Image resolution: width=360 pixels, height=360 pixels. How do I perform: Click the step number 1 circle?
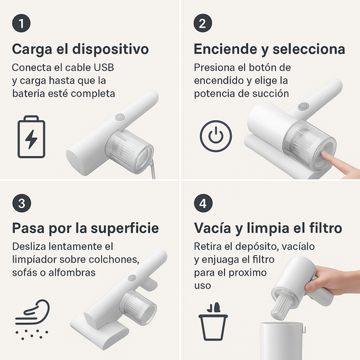click(x=21, y=23)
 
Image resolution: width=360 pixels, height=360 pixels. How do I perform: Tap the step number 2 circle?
click(x=203, y=23)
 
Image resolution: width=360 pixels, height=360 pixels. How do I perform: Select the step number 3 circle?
click(x=22, y=203)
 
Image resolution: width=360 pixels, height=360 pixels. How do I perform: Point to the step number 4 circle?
click(x=203, y=203)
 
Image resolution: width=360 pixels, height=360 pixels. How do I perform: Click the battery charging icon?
click(x=32, y=137)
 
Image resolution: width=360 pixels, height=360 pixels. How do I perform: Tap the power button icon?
click(x=216, y=136)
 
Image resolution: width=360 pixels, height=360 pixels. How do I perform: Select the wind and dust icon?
click(x=32, y=319)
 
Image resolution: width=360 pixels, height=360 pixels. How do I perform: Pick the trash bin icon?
click(x=213, y=322)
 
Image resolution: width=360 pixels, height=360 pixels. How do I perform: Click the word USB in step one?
click(x=104, y=68)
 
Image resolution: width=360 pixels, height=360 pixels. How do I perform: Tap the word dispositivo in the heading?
click(x=111, y=49)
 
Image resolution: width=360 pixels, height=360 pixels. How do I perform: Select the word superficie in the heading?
click(x=125, y=228)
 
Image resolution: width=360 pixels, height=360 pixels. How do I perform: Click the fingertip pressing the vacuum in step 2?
click(x=324, y=154)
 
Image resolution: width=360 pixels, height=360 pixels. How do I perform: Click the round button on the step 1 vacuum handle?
click(x=120, y=117)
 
